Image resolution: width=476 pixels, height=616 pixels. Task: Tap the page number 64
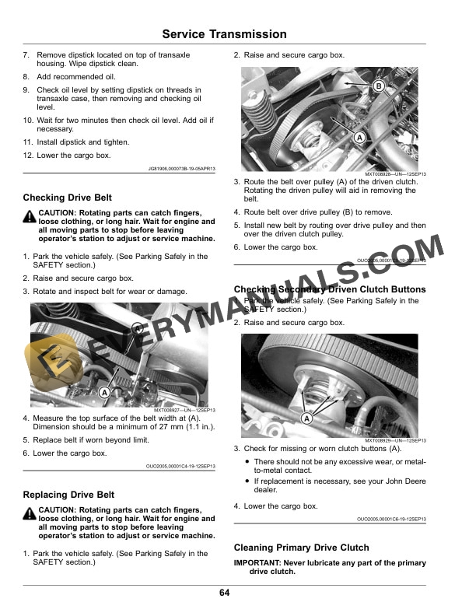pyautogui.click(x=224, y=593)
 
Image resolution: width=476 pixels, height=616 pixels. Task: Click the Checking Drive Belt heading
pyautogui.click(x=68, y=198)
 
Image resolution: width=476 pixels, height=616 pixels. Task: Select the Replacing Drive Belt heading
pyautogui.click(x=68, y=495)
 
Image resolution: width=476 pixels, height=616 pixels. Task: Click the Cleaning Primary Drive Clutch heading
pyautogui.click(x=301, y=548)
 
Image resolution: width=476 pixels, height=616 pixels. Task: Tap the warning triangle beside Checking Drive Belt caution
pyautogui.click(x=30, y=215)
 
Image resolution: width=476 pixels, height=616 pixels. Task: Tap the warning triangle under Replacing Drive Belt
pyautogui.click(x=30, y=512)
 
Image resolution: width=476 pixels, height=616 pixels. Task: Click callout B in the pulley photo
pyautogui.click(x=378, y=86)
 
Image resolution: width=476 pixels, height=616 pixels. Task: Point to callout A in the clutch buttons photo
pyautogui.click(x=306, y=418)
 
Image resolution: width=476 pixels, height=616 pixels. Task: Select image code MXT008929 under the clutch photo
pyautogui.click(x=395, y=441)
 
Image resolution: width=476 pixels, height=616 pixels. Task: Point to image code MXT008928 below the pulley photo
pyautogui.click(x=395, y=174)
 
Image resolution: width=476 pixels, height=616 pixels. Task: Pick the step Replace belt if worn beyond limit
pyautogui.click(x=90, y=439)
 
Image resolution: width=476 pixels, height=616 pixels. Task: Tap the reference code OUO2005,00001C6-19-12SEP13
pyautogui.click(x=391, y=519)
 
